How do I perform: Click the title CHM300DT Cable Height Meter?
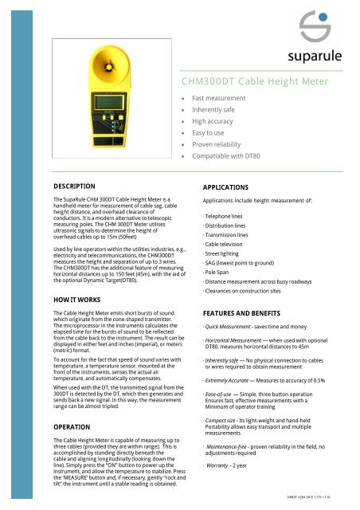point(257,80)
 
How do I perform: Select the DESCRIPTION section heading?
point(74,186)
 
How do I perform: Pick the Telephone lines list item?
point(227,216)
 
